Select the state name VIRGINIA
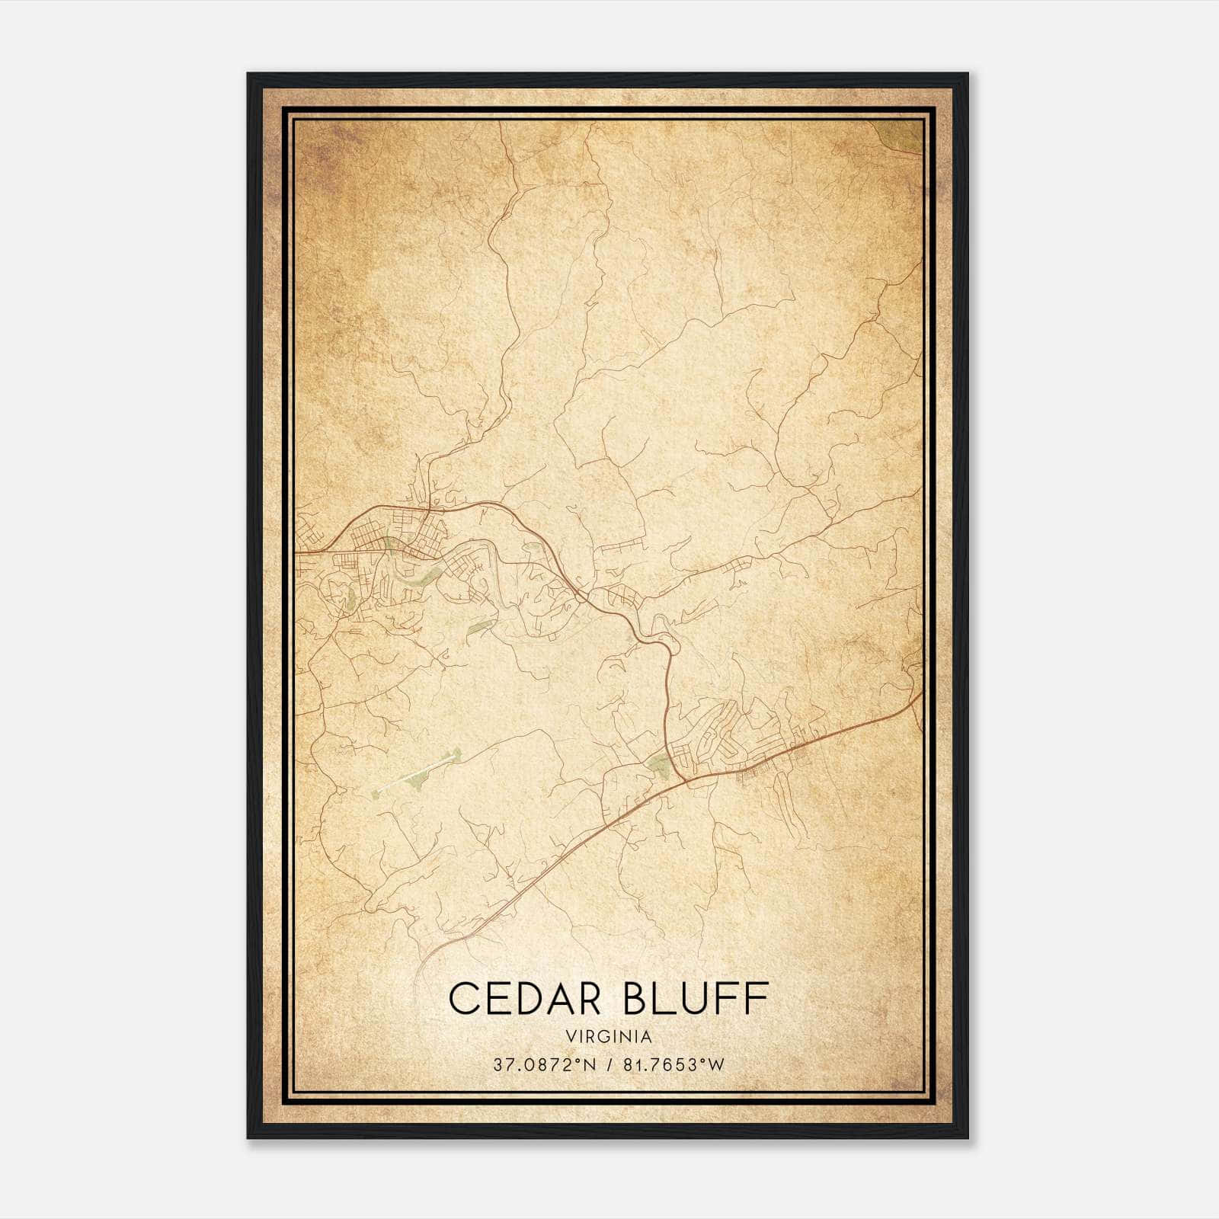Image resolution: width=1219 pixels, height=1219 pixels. point(609,1037)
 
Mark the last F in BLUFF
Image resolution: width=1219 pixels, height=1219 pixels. point(757,999)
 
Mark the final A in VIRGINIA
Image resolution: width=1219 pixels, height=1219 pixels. point(647,1037)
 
